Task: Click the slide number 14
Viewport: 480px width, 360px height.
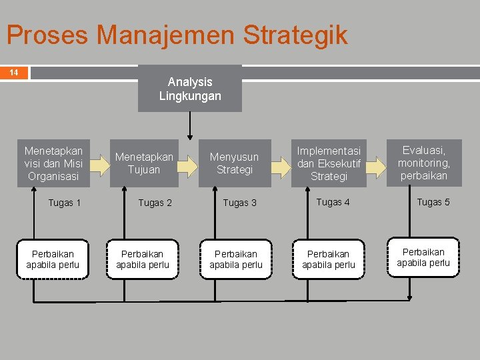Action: pos(13,72)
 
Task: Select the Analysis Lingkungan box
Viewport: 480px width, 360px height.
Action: pos(190,89)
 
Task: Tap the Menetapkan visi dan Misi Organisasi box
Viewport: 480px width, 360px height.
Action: pos(53,163)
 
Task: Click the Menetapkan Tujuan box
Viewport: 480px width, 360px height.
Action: pos(145,163)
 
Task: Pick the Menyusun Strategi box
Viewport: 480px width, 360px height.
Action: pos(235,163)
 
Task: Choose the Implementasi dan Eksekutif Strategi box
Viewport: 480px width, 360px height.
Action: pos(329,163)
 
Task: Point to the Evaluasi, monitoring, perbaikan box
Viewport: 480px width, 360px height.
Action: pos(424,163)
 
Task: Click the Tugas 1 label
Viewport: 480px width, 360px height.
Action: pos(65,203)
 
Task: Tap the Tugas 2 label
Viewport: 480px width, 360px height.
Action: pos(155,203)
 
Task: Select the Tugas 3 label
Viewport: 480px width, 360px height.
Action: pos(240,203)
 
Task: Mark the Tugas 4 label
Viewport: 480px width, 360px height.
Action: pos(333,202)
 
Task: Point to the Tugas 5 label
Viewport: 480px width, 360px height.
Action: pos(433,202)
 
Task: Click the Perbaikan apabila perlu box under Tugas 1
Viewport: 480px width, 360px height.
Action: pos(53,259)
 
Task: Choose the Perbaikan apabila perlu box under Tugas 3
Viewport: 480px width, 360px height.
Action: pos(236,259)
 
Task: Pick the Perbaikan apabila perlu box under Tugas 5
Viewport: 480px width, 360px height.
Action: pos(423,257)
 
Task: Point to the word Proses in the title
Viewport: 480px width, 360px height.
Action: pos(47,35)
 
